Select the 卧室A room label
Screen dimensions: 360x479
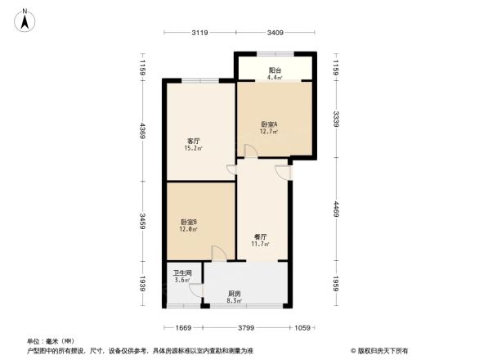click(269, 124)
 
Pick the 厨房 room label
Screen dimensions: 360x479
click(234, 295)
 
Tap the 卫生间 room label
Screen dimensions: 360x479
click(181, 272)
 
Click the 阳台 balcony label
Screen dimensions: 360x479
click(274, 70)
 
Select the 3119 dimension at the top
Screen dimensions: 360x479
click(200, 33)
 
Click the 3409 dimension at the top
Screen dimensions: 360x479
click(275, 33)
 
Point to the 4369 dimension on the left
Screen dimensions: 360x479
click(142, 131)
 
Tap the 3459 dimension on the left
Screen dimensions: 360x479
click(142, 221)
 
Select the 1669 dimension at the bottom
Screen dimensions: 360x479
click(182, 327)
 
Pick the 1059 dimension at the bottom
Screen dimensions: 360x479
click(302, 327)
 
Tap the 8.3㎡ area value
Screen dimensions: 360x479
click(234, 302)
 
